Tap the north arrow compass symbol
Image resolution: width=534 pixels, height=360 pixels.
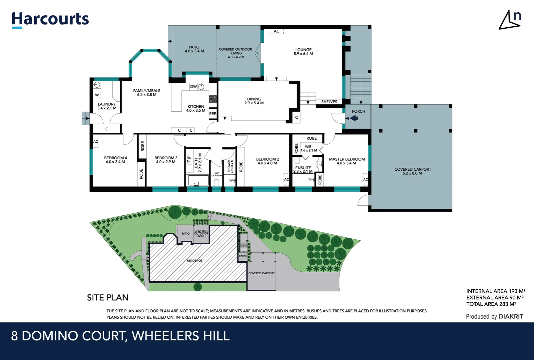click(x=510, y=20)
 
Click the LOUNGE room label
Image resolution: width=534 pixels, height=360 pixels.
click(x=303, y=52)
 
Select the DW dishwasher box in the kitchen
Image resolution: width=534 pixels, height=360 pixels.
click(x=193, y=87)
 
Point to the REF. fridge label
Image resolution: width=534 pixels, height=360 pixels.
click(x=213, y=114)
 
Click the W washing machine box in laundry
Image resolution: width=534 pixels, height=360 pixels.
click(x=97, y=95)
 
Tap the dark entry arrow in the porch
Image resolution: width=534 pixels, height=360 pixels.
click(x=354, y=118)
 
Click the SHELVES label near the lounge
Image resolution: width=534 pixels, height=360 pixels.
click(x=329, y=102)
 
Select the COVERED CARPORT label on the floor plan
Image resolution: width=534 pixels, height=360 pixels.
click(x=412, y=171)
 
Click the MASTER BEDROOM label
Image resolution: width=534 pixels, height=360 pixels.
click(x=347, y=161)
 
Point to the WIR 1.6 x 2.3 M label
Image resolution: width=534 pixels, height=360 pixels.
click(x=308, y=149)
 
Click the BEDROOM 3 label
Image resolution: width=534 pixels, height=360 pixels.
click(x=166, y=160)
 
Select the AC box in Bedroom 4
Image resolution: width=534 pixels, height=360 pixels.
click(x=96, y=142)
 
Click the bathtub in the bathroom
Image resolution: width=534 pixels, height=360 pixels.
click(x=199, y=180)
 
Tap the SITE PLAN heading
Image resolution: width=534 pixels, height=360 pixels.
click(x=108, y=297)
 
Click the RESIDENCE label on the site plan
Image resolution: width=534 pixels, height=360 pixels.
click(x=194, y=261)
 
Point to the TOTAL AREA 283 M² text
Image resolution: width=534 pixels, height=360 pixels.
click(x=491, y=304)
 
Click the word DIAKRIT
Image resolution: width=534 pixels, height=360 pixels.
click(x=511, y=317)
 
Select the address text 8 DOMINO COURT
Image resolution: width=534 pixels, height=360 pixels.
click(x=69, y=336)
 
